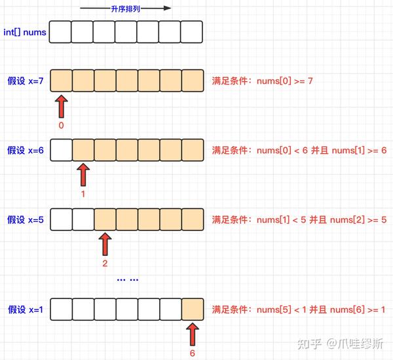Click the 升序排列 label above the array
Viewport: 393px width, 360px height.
pos(125,9)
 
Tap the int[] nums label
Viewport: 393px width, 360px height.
pos(25,32)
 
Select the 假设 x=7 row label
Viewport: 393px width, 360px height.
pos(26,81)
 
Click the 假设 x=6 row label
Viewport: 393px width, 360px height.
pos(26,151)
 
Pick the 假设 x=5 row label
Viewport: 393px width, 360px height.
pos(26,220)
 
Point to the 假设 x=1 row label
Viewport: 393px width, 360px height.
pos(26,310)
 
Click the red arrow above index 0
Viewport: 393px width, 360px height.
pos(61,106)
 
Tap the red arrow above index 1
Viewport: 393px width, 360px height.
pos(83,175)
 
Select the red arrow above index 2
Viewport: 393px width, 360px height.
pos(105,244)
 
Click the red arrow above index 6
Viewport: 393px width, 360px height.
pos(193,334)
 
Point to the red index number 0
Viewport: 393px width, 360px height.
pos(61,125)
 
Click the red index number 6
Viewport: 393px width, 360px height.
pos(192,353)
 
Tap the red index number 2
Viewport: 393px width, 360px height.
pos(105,263)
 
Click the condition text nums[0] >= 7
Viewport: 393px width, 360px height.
pos(285,81)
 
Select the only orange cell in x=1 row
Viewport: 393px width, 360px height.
pos(193,309)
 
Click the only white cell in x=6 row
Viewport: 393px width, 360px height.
pos(62,150)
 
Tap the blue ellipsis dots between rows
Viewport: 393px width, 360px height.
pos(128,279)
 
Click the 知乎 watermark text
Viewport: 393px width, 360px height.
pos(309,344)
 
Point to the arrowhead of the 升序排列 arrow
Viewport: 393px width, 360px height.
pos(167,9)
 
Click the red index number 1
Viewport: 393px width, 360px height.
pos(83,194)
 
